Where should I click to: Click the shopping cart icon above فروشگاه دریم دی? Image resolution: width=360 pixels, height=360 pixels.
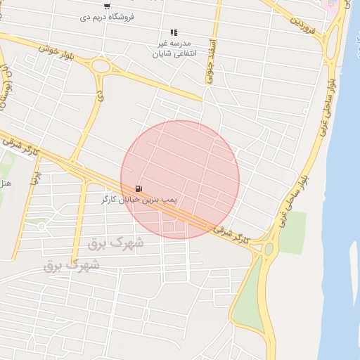click(106, 6)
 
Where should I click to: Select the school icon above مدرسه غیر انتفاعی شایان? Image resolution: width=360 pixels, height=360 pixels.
click(174, 32)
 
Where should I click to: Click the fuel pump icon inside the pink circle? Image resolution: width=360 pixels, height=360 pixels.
click(139, 188)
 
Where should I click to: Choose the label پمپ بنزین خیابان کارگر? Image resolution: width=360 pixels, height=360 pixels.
click(139, 200)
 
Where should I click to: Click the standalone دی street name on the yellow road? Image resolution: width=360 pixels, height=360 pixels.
click(100, 92)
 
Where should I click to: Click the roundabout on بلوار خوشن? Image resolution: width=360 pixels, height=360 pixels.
click(101, 67)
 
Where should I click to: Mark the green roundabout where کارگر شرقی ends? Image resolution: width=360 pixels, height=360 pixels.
click(269, 248)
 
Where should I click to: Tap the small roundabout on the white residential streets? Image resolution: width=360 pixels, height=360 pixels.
click(41, 226)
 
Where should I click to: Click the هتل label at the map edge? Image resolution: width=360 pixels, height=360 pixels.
click(6, 184)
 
